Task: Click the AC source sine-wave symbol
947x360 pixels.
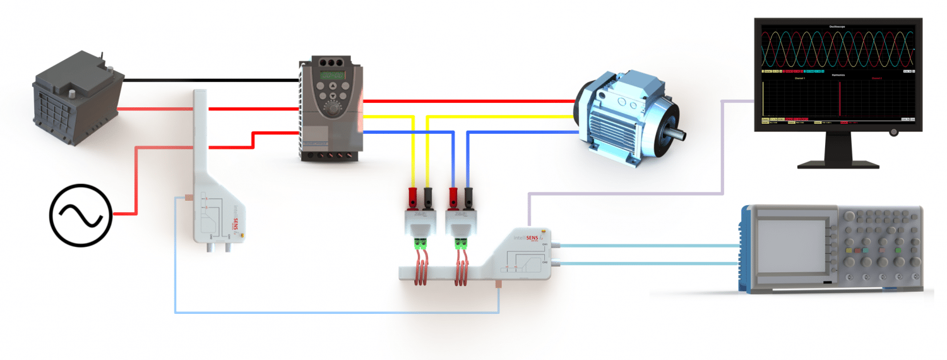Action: pos(80,215)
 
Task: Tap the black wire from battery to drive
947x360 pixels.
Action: pos(208,80)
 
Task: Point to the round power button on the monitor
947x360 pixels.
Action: pos(893,132)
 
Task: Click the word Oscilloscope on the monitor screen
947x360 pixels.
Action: pos(837,27)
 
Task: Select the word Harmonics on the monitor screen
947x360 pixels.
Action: pos(837,75)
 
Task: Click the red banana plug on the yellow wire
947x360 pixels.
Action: pos(413,195)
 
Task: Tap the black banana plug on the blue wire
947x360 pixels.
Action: pos(468,195)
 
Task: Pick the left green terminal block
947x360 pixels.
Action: pos(419,241)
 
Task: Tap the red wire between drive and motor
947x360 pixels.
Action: pos(467,101)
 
